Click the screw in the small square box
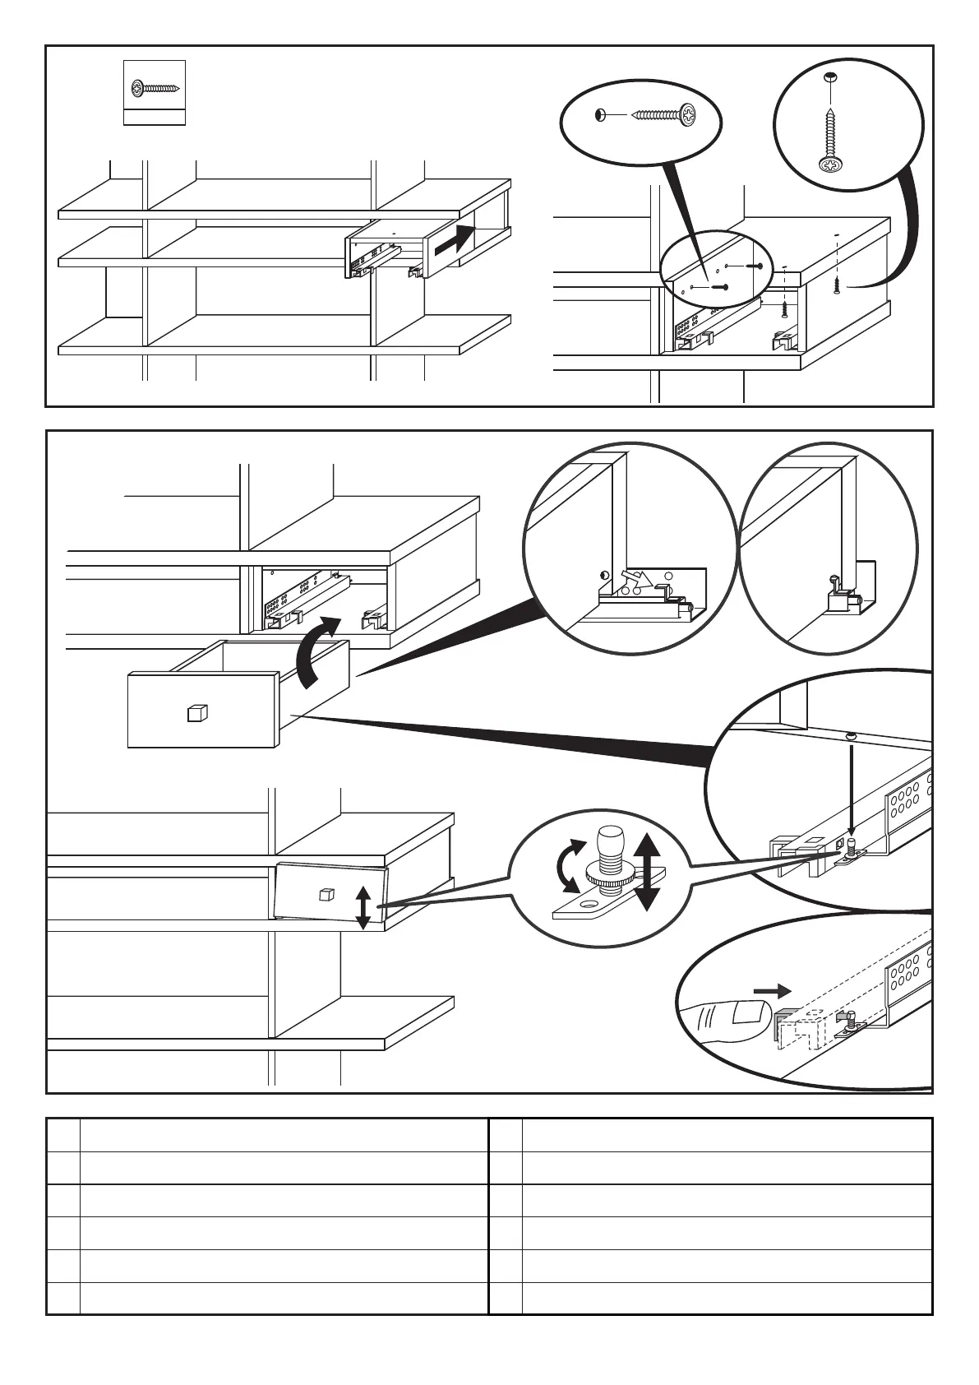[x=155, y=86]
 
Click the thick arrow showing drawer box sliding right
[x=455, y=239]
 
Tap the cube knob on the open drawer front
[x=197, y=712]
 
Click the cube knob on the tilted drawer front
[x=326, y=894]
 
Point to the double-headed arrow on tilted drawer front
[x=364, y=907]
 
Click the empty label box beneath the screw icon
[x=155, y=117]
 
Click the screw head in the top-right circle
[x=831, y=165]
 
